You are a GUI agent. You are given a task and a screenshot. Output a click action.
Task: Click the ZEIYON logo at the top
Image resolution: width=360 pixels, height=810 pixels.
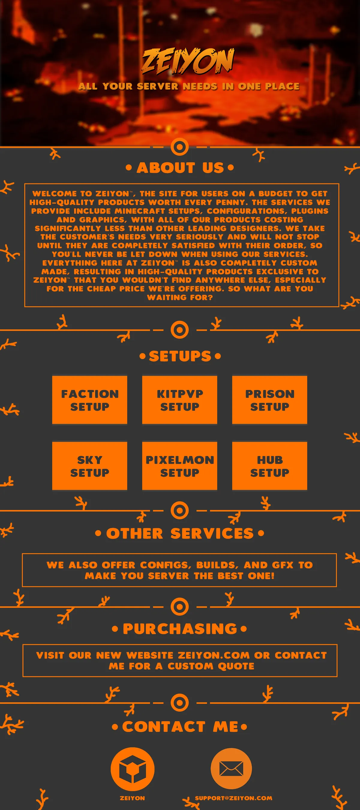[188, 61]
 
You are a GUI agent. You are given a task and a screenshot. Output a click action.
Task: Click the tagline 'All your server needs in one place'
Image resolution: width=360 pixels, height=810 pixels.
[189, 86]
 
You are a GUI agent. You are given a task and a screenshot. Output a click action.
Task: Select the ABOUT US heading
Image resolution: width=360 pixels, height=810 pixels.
[180, 168]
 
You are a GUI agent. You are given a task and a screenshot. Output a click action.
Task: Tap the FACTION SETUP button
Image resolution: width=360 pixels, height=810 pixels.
[90, 400]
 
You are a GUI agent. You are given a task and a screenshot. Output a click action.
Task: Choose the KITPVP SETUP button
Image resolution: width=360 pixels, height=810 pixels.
[179, 400]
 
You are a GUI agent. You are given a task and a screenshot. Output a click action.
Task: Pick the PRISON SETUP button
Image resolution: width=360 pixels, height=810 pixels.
[269, 400]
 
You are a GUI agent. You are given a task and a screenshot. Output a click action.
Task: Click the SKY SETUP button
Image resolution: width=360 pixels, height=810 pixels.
[90, 466]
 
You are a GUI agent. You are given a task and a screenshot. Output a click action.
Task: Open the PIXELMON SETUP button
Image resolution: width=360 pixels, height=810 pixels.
[179, 466]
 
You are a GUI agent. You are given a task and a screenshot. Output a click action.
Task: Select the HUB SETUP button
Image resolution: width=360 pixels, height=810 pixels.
[269, 466]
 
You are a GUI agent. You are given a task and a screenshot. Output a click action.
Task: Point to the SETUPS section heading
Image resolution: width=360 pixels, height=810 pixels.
[180, 356]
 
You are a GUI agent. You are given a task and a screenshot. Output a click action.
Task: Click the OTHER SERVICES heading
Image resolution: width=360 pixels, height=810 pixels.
[179, 534]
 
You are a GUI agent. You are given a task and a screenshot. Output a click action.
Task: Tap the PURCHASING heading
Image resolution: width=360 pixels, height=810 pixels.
[179, 629]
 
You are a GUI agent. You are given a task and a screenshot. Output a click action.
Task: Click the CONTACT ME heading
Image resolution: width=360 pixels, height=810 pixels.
[179, 727]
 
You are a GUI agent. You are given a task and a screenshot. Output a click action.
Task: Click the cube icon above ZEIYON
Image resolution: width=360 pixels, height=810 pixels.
[132, 769]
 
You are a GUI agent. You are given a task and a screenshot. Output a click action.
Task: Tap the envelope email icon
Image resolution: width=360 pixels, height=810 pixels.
[231, 769]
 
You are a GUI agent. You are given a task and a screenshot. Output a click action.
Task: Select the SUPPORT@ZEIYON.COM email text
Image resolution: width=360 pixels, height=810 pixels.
[234, 798]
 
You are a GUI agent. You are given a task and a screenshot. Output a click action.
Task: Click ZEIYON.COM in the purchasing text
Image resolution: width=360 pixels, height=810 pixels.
[214, 655]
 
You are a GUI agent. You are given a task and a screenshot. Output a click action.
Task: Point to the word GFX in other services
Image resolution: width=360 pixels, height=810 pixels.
[284, 565]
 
